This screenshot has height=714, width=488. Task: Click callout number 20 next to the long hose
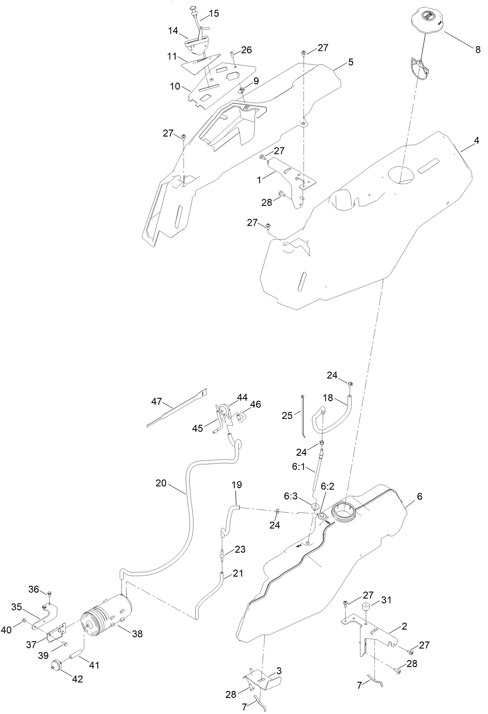coord(161,483)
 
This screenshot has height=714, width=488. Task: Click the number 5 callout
coord(350,62)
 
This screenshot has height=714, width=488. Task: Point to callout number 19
coord(237,484)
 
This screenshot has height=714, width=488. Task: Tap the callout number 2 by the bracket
coord(404,627)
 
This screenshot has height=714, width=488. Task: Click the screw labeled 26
coord(232,54)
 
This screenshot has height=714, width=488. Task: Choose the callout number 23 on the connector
coord(240,550)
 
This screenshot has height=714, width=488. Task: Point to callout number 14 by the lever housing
coord(173,30)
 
